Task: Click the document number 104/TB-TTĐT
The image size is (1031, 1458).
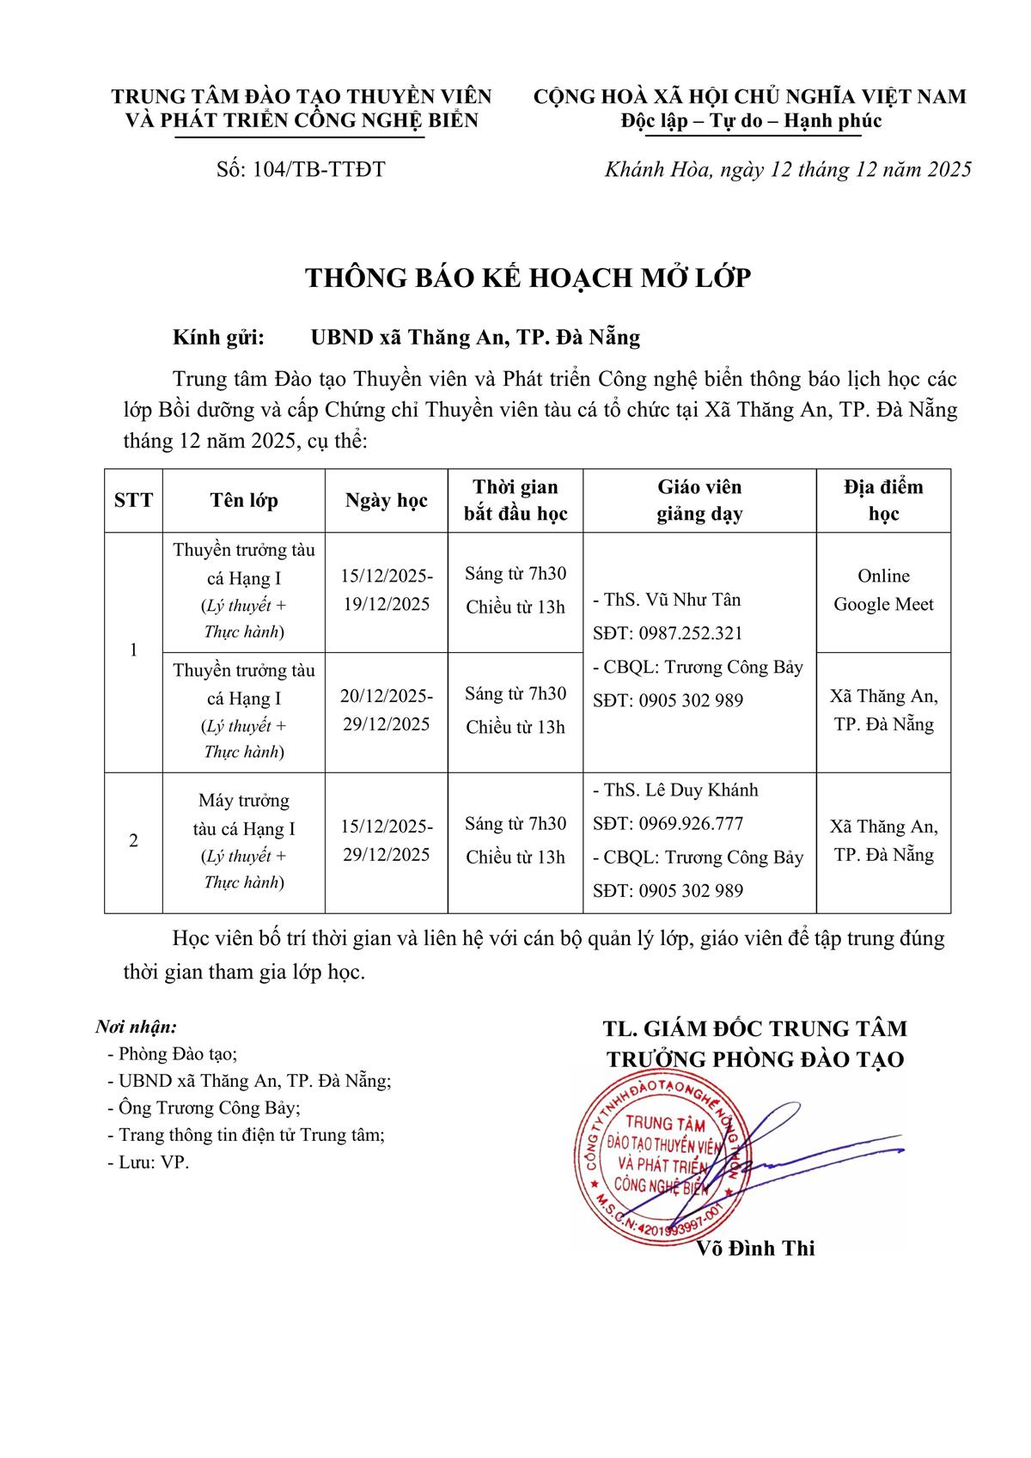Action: (301, 169)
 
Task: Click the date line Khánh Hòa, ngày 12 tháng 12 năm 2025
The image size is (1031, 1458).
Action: (787, 169)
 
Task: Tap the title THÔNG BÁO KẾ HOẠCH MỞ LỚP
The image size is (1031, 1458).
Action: (528, 278)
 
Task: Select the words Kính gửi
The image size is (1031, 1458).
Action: (218, 338)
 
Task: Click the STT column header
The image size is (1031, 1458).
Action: (133, 500)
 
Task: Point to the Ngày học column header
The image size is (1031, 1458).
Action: (386, 501)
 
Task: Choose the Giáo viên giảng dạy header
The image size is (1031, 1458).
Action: (699, 500)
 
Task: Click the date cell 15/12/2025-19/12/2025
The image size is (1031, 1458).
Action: (386, 589)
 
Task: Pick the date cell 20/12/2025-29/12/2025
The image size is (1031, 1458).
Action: (386, 710)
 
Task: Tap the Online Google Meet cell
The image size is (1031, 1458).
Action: (883, 590)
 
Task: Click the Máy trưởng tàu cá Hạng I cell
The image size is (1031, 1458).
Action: (244, 814)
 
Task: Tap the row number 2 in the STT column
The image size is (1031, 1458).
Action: (133, 841)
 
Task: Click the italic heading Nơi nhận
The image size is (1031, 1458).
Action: (136, 1027)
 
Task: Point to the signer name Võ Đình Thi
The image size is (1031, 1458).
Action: (756, 1248)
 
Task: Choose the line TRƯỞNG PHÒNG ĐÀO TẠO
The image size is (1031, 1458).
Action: (755, 1059)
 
